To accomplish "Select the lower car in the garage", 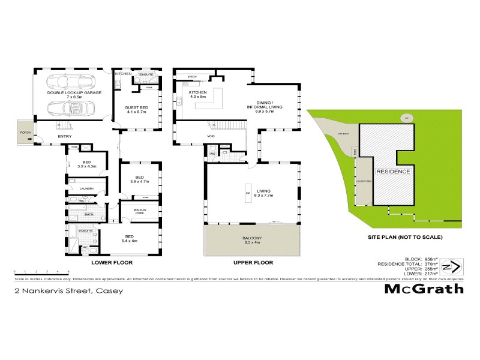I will [x=70, y=109].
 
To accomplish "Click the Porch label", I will [x=25, y=133].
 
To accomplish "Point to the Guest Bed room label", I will [x=137, y=109].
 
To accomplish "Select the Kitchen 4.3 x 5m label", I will [x=197, y=95].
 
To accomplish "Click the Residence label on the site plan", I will [x=394, y=172].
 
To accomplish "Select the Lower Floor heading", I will [x=112, y=263].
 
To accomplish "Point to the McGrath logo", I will [x=424, y=289].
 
